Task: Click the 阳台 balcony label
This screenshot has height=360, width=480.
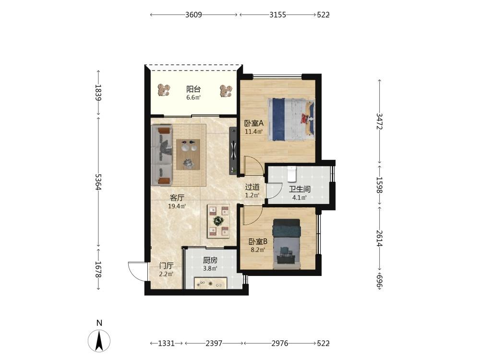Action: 193,89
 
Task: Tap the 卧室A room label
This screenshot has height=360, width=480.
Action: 254,123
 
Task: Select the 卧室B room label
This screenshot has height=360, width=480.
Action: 258,241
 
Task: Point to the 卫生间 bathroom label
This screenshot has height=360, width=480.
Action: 300,189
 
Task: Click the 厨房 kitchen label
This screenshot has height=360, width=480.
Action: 210,260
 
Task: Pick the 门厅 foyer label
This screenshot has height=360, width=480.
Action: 166,266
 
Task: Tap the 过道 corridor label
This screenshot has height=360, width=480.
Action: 252,187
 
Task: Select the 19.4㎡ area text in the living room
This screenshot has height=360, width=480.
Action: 177,206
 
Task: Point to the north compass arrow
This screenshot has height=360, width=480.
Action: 99,340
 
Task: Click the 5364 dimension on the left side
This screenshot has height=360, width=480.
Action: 98,182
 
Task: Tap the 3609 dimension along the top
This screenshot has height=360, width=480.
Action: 193,15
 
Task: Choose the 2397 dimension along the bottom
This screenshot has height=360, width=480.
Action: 214,344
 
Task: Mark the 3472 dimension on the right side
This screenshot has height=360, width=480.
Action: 380,121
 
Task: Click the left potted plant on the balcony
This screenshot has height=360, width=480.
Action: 164,91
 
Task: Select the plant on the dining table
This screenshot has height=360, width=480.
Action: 218,220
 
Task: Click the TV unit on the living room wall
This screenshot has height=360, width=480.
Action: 233,151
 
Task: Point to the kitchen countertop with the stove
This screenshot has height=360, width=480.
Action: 211,283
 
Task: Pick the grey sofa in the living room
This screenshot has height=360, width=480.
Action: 162,155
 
